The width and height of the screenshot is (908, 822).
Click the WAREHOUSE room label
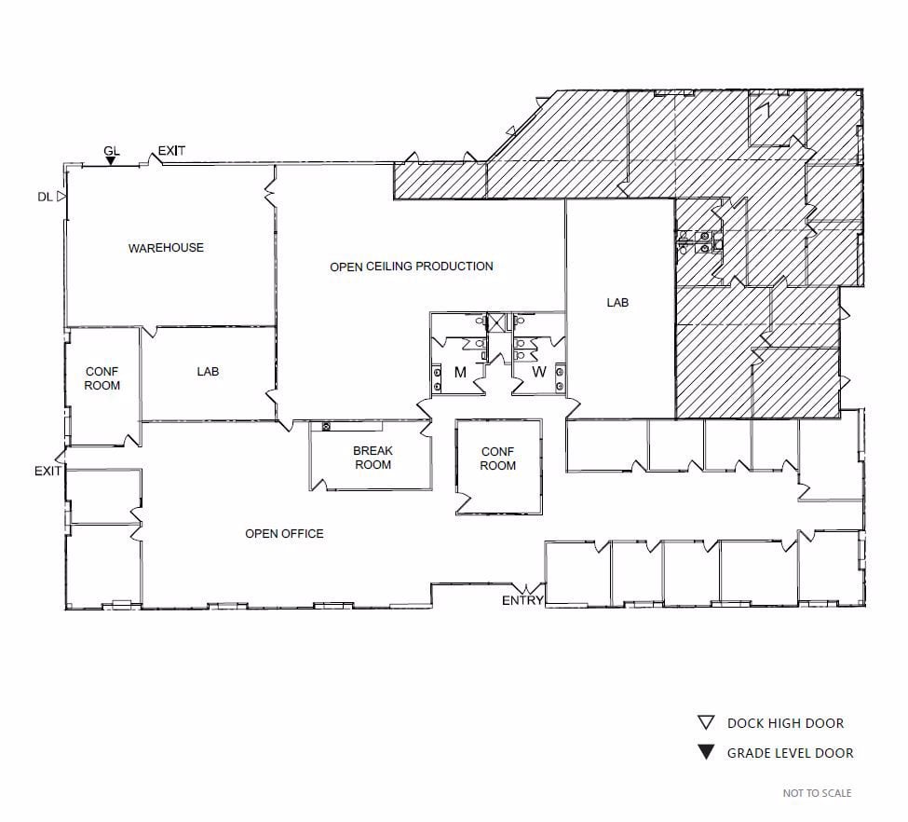[166, 248]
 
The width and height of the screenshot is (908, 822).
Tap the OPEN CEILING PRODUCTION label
[411, 267]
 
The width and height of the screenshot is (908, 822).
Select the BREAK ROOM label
[373, 458]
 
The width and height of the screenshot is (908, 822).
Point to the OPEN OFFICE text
[284, 534]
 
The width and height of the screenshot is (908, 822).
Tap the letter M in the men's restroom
[460, 373]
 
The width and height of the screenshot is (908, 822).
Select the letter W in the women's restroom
[538, 373]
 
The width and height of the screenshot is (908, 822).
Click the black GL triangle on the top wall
[111, 161]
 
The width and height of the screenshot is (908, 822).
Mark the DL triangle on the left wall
[61, 197]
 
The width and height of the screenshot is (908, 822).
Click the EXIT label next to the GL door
[172, 151]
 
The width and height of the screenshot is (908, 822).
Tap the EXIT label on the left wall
[47, 472]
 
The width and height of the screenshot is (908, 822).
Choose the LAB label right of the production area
[618, 303]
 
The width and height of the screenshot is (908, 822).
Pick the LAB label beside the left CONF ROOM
[208, 372]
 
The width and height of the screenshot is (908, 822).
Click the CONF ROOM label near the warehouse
[102, 378]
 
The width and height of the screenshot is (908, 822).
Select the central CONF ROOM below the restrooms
[498, 459]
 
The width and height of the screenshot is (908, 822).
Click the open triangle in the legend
[706, 723]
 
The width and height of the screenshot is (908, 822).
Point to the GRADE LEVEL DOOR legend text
[790, 753]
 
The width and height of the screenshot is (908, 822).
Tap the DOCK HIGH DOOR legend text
[785, 723]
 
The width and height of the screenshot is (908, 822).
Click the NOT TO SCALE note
[817, 793]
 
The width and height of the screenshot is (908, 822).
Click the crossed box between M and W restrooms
[497, 322]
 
